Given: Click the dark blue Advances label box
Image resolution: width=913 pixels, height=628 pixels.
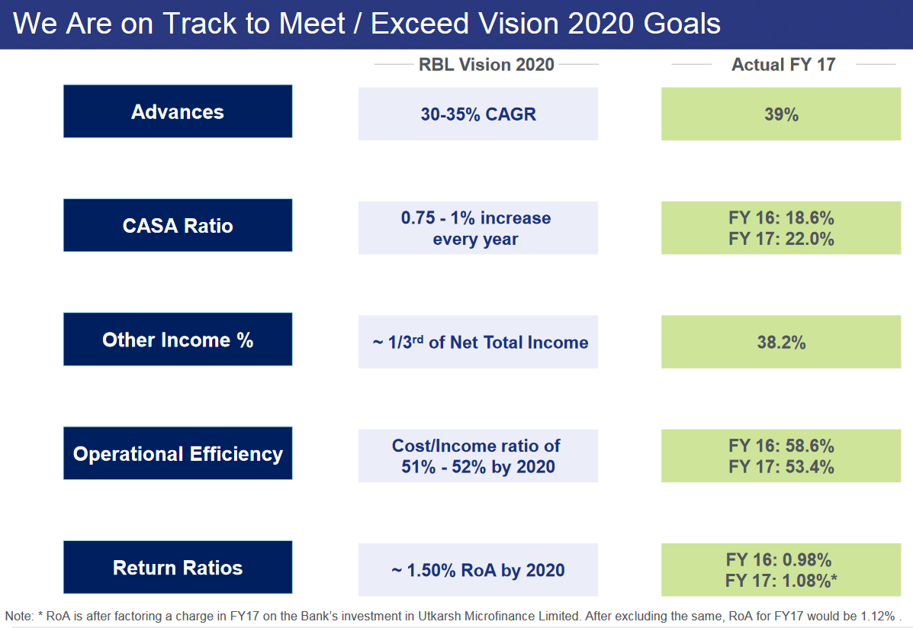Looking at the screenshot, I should pyautogui.click(x=178, y=111).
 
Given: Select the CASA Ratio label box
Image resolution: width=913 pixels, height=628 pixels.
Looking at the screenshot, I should pyautogui.click(x=178, y=225).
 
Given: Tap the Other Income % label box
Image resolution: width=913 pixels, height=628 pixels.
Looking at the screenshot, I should pyautogui.click(x=178, y=339).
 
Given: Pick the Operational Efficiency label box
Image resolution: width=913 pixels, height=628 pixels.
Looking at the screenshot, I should pyautogui.click(x=178, y=453).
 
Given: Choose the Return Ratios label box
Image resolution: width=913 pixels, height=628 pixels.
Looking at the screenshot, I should pyautogui.click(x=178, y=567).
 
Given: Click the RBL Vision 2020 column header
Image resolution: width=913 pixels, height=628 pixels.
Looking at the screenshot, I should pyautogui.click(x=486, y=65).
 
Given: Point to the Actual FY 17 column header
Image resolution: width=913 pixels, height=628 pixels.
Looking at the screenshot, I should pyautogui.click(x=783, y=65).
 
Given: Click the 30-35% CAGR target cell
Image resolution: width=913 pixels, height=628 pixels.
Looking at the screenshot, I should pyautogui.click(x=478, y=114).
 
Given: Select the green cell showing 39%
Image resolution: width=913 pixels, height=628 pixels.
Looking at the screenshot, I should pyautogui.click(x=781, y=114).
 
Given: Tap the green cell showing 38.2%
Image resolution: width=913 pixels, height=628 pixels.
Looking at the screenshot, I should pyautogui.click(x=781, y=342).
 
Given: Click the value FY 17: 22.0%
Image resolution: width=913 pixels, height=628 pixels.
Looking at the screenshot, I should pyautogui.click(x=781, y=239).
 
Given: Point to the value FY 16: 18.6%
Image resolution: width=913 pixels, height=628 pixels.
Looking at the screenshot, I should pyautogui.click(x=781, y=218).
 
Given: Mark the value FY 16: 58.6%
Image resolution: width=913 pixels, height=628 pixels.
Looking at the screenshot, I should pyautogui.click(x=781, y=446).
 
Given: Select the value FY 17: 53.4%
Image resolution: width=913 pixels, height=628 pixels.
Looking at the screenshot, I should pyautogui.click(x=781, y=467).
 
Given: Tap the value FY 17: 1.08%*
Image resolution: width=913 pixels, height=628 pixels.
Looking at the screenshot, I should pyautogui.click(x=781, y=581).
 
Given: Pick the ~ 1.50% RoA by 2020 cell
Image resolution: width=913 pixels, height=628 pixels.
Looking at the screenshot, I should pyautogui.click(x=478, y=570).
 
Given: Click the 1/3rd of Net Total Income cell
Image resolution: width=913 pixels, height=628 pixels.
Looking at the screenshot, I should pyautogui.click(x=478, y=342).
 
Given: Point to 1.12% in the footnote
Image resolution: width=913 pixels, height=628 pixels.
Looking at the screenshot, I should pyautogui.click(x=878, y=616).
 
